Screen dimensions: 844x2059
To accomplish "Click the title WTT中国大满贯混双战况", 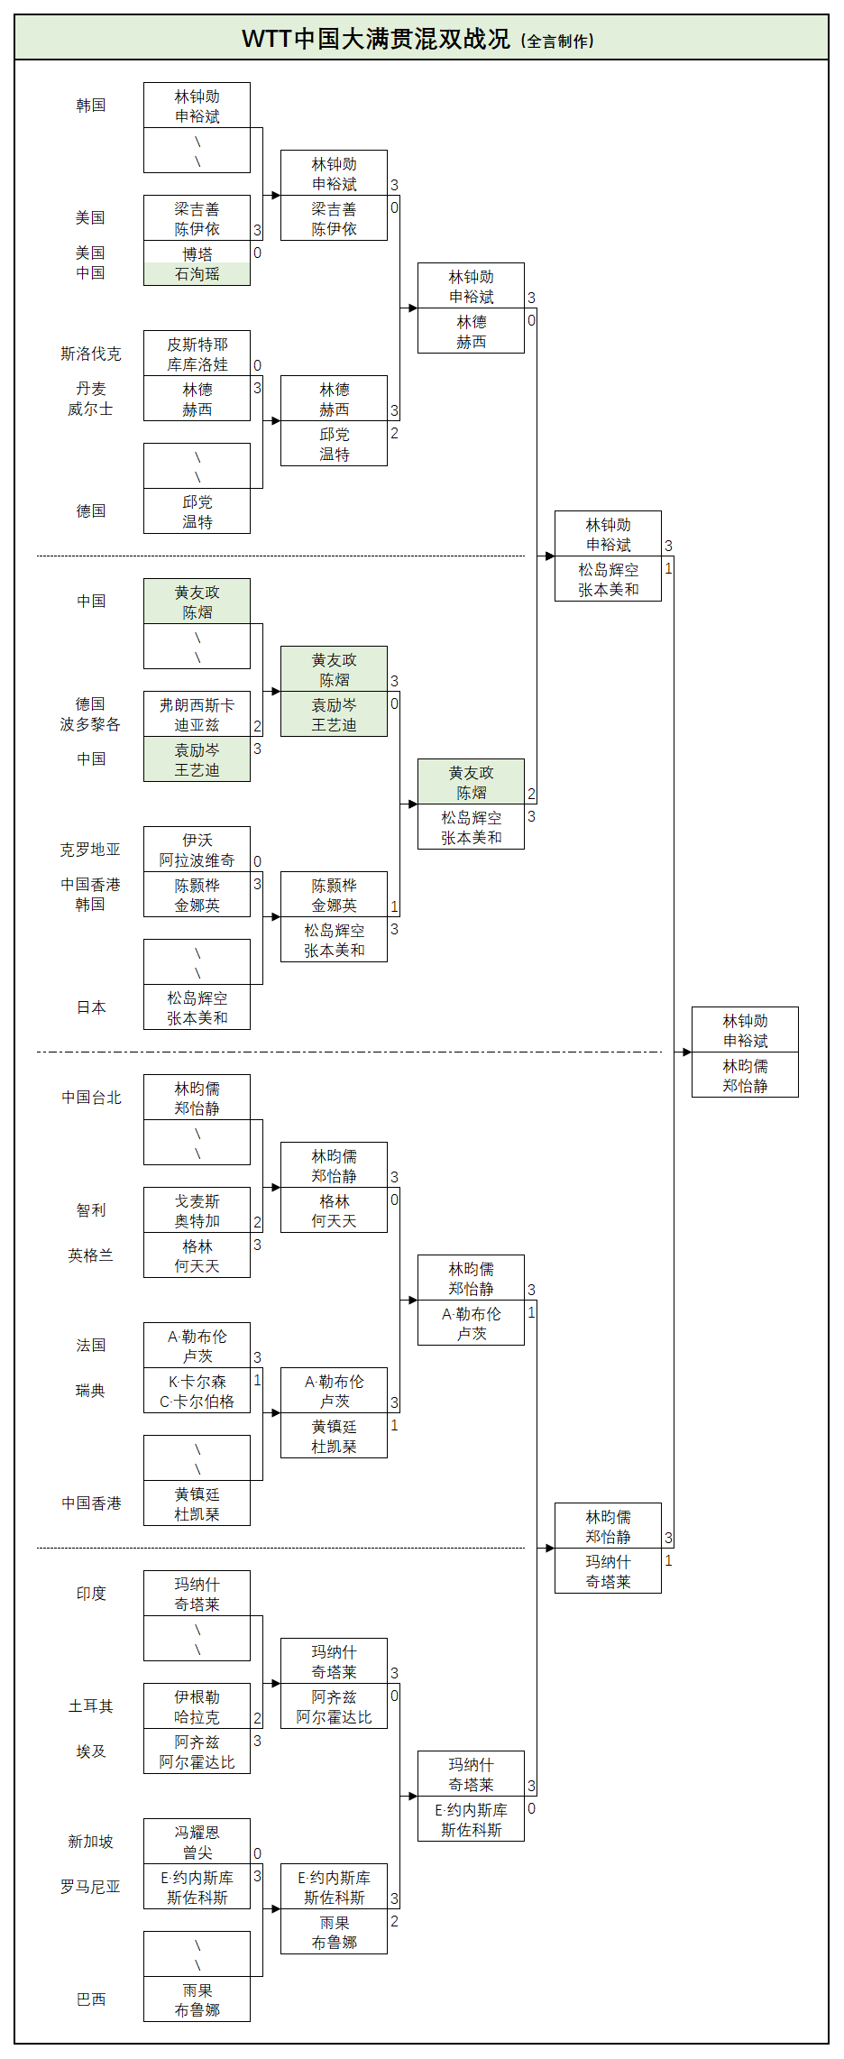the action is (x=375, y=39).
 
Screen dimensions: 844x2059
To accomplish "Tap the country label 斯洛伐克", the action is (x=90, y=354).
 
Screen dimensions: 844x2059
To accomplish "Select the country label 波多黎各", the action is (x=90, y=724).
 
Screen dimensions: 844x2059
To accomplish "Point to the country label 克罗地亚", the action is (x=90, y=850).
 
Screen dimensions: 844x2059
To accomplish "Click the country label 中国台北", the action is (x=91, y=1098).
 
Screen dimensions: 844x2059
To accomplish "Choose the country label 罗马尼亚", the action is (x=90, y=1887).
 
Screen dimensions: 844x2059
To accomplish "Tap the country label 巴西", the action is (x=91, y=1999).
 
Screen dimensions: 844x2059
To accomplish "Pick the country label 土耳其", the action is (x=91, y=1706).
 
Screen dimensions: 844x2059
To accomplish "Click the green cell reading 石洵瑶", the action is (x=197, y=274).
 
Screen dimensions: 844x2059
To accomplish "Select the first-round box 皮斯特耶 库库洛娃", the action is (x=197, y=354).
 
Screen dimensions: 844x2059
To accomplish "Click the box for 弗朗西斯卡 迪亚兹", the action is (x=197, y=714).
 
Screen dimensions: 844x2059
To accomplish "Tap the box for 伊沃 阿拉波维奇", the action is (x=197, y=850).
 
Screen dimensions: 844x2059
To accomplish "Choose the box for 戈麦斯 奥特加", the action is (x=197, y=1210).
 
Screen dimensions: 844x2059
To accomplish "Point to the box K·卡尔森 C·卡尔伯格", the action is (x=197, y=1391).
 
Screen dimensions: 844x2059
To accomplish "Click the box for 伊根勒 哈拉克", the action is (x=197, y=1706).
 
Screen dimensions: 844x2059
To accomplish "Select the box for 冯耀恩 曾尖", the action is (x=197, y=1842).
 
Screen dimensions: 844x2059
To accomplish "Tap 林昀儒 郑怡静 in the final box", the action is (x=745, y=1075).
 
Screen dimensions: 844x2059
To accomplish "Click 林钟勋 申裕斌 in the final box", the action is (x=745, y=1030).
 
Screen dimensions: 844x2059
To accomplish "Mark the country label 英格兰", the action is (x=91, y=1255).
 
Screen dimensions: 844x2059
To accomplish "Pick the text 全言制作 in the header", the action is (x=559, y=41).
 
